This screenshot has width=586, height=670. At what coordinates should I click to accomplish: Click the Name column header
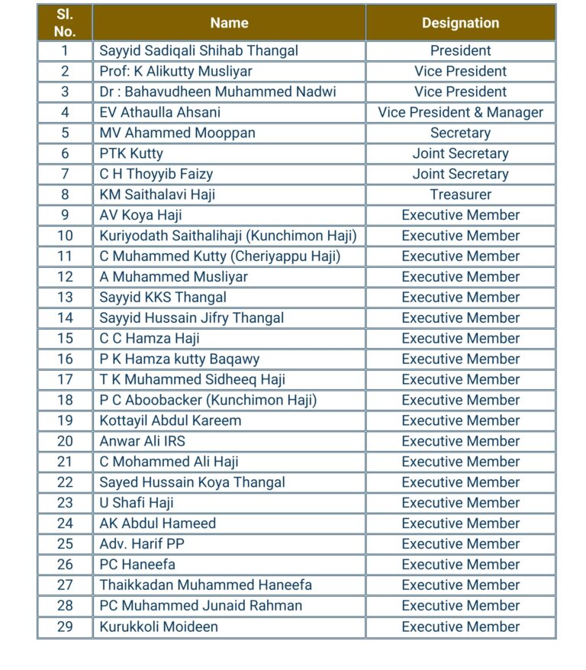[229, 23]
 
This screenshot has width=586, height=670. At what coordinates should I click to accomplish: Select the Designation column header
[460, 23]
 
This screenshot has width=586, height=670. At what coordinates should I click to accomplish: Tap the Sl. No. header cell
[65, 23]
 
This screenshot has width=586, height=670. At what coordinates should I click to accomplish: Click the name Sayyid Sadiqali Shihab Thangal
[198, 50]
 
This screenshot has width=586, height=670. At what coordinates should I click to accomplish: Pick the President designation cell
[460, 50]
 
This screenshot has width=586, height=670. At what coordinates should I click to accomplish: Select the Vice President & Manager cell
[460, 112]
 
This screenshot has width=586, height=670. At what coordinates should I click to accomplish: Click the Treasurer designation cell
[460, 195]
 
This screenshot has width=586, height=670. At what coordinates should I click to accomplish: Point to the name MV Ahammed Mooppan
[177, 133]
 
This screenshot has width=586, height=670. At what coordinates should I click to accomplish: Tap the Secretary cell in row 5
[460, 133]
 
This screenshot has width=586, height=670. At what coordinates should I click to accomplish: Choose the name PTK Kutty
[131, 153]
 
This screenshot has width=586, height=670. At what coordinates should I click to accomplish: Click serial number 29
[65, 627]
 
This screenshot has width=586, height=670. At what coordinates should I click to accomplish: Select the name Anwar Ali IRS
[142, 441]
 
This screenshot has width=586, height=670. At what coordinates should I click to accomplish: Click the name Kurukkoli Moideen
[159, 627]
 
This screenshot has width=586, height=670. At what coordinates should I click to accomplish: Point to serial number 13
[65, 297]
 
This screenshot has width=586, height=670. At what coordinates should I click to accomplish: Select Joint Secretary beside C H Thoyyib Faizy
[460, 174]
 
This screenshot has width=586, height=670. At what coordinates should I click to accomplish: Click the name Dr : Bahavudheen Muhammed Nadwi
[217, 92]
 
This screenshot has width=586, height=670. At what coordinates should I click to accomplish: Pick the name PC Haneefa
[137, 565]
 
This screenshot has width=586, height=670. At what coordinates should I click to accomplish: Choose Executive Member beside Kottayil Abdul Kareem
[460, 420]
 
